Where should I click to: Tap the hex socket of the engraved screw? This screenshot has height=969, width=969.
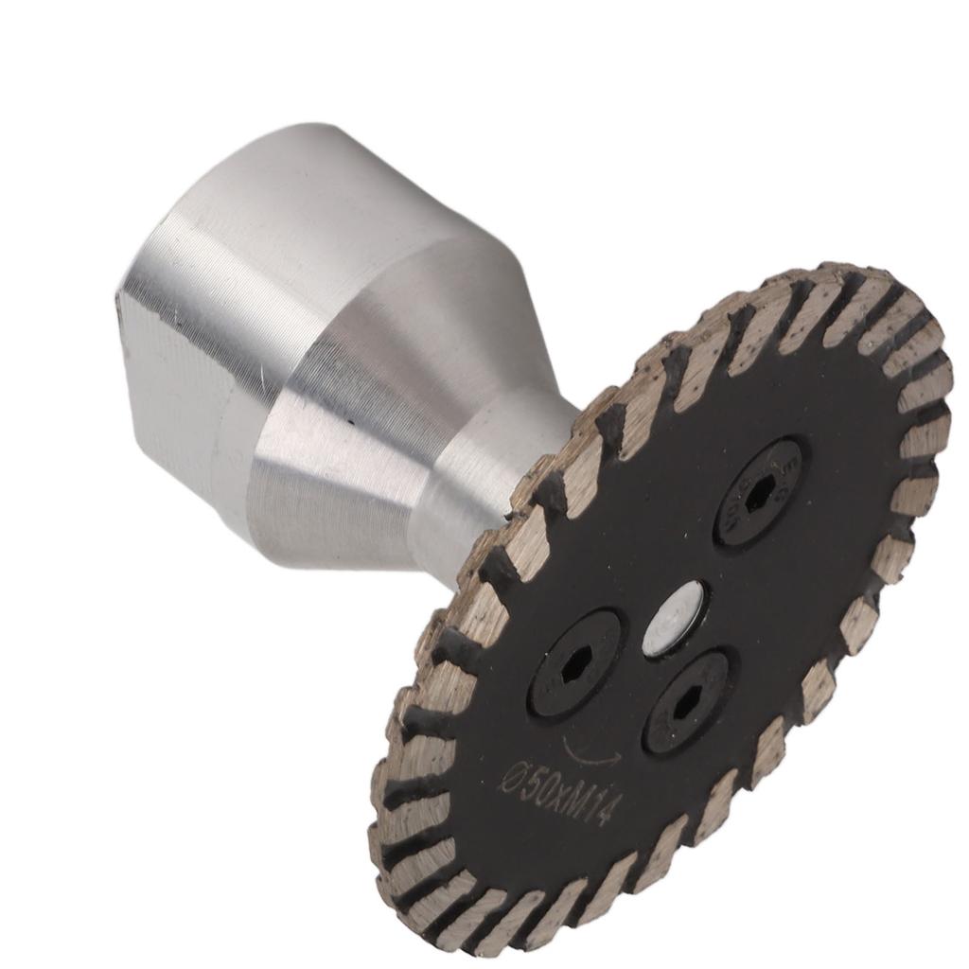click(760, 491)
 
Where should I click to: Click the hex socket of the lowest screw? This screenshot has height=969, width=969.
click(685, 701)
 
